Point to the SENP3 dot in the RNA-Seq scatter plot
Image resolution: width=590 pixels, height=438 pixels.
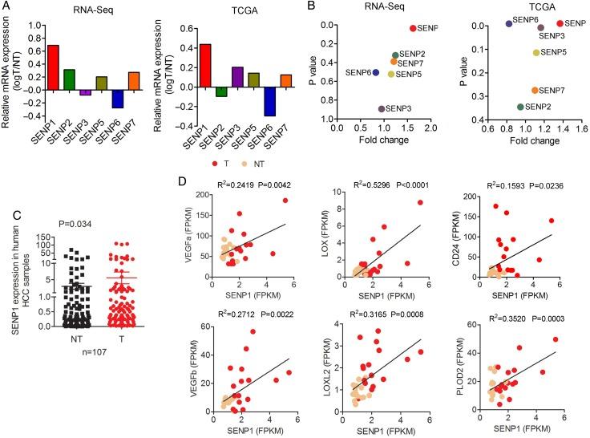(382, 108)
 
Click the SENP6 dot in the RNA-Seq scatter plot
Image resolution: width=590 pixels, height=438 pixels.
(375, 73)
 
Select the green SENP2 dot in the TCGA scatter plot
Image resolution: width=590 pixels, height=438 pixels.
(521, 107)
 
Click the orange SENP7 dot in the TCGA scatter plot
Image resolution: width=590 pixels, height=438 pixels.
(535, 91)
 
